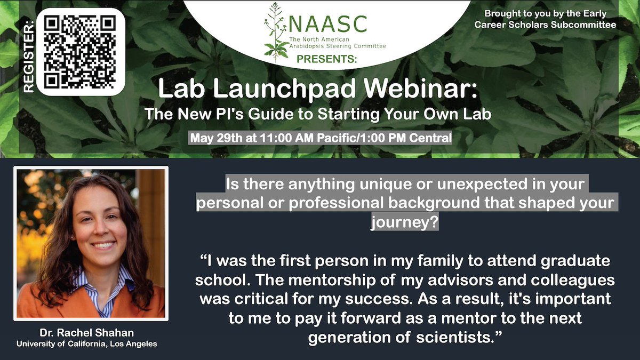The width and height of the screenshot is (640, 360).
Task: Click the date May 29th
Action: pos(212,138)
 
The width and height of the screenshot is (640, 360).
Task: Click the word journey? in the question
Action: pos(404,222)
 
